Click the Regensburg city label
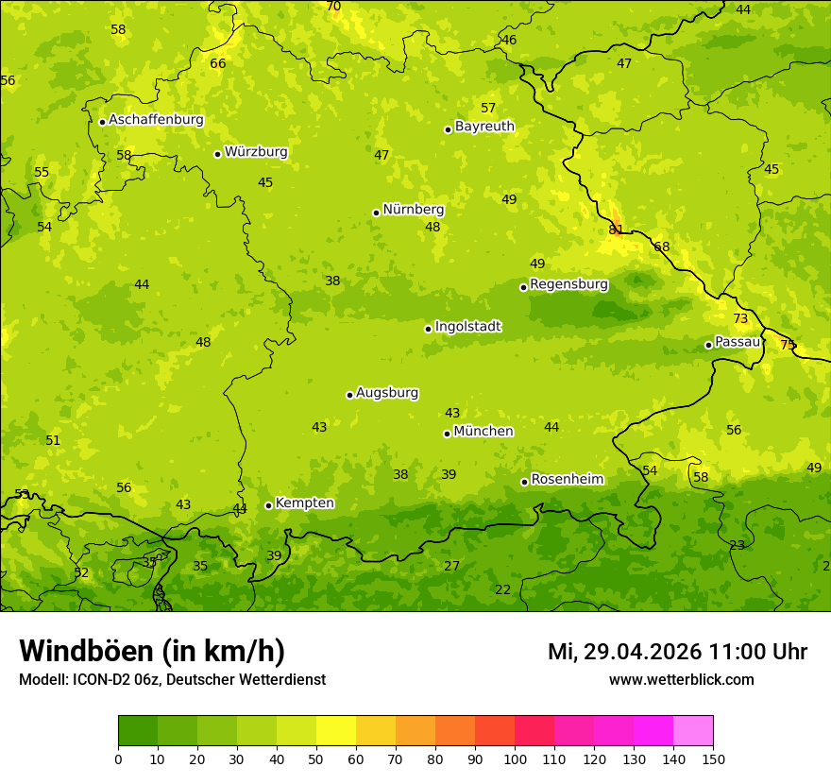[x=568, y=284]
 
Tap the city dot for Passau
[x=708, y=345]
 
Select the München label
[x=483, y=432]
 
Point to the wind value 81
[x=616, y=230]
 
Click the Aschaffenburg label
[x=156, y=120]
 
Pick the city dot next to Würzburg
[x=217, y=154]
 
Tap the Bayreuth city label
[x=484, y=127]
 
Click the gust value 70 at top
[x=333, y=7]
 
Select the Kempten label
[x=304, y=503]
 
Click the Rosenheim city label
[x=567, y=480]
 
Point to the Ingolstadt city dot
[x=428, y=329]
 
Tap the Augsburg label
[x=387, y=393]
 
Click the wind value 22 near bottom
[x=503, y=589]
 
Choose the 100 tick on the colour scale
[x=515, y=758]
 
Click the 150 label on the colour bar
[x=713, y=758]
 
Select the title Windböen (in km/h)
[x=152, y=651]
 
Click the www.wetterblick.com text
[x=681, y=680]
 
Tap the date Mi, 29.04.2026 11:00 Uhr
[x=677, y=652]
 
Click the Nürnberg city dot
[x=376, y=213]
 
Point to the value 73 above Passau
[x=740, y=319]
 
